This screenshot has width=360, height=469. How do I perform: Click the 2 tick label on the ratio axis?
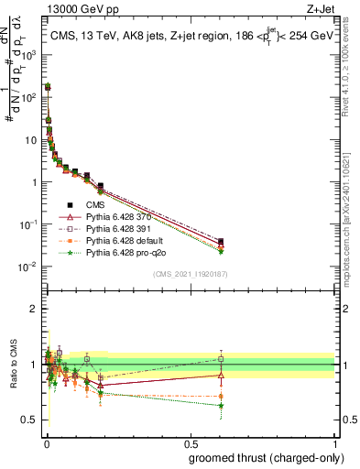click(33, 309)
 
